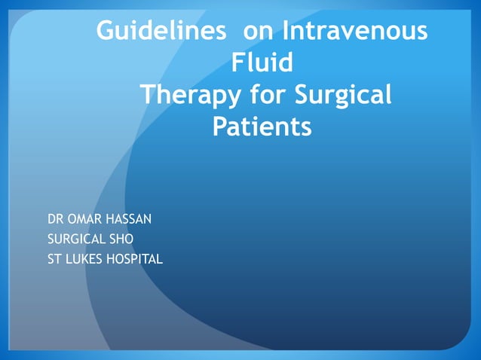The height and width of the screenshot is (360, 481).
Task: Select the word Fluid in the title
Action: point(262,63)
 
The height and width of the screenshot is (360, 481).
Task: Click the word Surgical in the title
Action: point(343,96)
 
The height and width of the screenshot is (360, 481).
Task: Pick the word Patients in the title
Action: point(262,126)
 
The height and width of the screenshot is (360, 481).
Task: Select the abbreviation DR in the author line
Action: point(55,219)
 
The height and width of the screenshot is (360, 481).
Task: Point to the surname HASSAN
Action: point(128,219)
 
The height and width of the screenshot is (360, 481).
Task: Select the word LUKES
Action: point(81,260)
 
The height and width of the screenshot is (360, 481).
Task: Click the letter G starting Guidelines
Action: point(106,32)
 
